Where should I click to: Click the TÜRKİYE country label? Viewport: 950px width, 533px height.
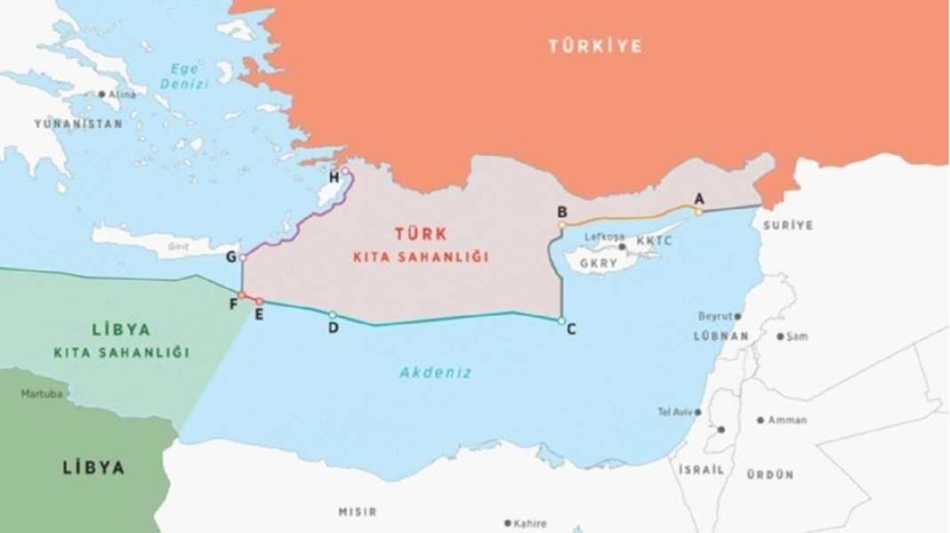[595, 46]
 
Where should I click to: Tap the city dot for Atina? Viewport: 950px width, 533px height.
[102, 94]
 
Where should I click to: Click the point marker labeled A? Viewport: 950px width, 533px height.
[699, 212]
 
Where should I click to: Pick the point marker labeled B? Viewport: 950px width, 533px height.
[562, 225]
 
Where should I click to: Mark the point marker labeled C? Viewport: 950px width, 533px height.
[561, 320]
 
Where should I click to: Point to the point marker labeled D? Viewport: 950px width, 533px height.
[333, 315]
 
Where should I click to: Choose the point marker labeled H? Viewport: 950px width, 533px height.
[345, 172]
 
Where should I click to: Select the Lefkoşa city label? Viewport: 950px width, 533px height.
[601, 237]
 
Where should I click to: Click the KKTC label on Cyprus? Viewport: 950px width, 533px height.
[654, 240]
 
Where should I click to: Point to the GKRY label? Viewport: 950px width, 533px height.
[598, 264]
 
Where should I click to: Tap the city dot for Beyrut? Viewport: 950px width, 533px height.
[737, 316]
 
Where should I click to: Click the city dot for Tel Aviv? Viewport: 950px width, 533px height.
[698, 412]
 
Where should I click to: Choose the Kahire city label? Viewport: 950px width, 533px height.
[530, 523]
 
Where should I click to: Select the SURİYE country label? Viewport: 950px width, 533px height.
[787, 225]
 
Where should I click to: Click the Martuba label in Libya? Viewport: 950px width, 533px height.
[42, 392]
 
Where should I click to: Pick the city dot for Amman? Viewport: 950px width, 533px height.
[761, 420]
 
